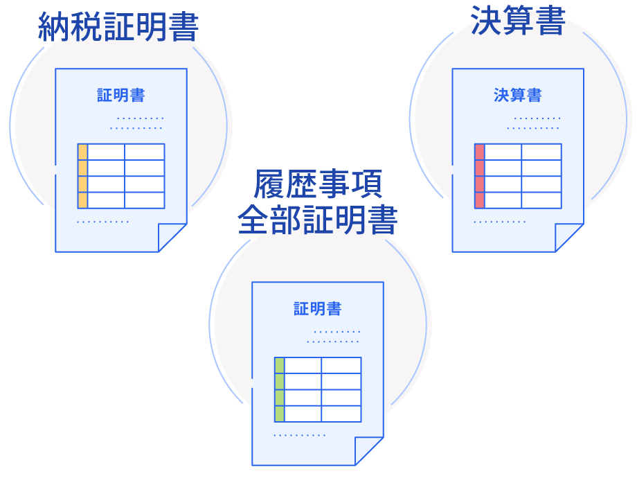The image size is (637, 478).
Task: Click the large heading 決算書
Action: [x=518, y=20]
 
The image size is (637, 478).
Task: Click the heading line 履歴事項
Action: [x=317, y=184]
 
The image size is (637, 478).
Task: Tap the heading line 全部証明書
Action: [x=317, y=220]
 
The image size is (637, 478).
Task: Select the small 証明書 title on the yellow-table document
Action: [x=121, y=96]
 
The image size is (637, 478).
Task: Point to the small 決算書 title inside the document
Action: [x=518, y=96]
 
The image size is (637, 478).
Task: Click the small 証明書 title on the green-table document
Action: [x=318, y=309]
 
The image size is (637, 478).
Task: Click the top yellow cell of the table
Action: [x=82, y=152]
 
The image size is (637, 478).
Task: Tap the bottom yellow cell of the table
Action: [x=82, y=200]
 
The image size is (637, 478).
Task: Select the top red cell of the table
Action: [x=479, y=152]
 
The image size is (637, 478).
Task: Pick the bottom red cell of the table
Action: [x=479, y=200]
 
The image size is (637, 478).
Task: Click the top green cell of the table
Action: [x=279, y=365]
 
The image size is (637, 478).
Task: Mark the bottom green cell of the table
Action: [x=279, y=414]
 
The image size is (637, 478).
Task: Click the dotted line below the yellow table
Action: [x=102, y=222]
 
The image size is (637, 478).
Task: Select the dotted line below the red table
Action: [x=499, y=222]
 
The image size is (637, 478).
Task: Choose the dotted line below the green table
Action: [x=299, y=435]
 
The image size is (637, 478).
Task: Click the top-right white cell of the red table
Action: [x=541, y=152]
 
